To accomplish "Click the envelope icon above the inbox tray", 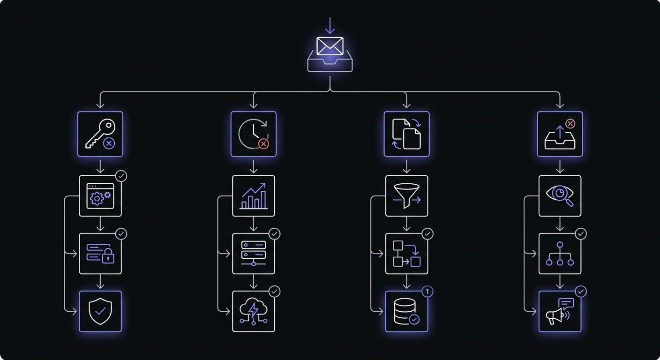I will point(330,46).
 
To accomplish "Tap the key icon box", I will point(100,134).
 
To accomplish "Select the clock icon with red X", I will point(254,134).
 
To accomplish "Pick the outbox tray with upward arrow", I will point(560,134).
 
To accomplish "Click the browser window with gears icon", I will point(100,196).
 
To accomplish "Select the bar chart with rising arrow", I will point(254,196).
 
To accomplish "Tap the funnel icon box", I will point(407,196).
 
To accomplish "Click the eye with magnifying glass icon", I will point(560,196).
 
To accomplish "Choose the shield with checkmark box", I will point(100,311).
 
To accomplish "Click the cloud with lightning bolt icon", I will point(254,311).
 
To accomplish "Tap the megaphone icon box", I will point(560,311).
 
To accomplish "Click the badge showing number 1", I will point(427,292).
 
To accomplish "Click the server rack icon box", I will point(254,254).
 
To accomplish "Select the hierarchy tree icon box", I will point(560,254).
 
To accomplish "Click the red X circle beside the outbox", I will point(570,124).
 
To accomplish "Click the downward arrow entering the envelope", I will point(330,26).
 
